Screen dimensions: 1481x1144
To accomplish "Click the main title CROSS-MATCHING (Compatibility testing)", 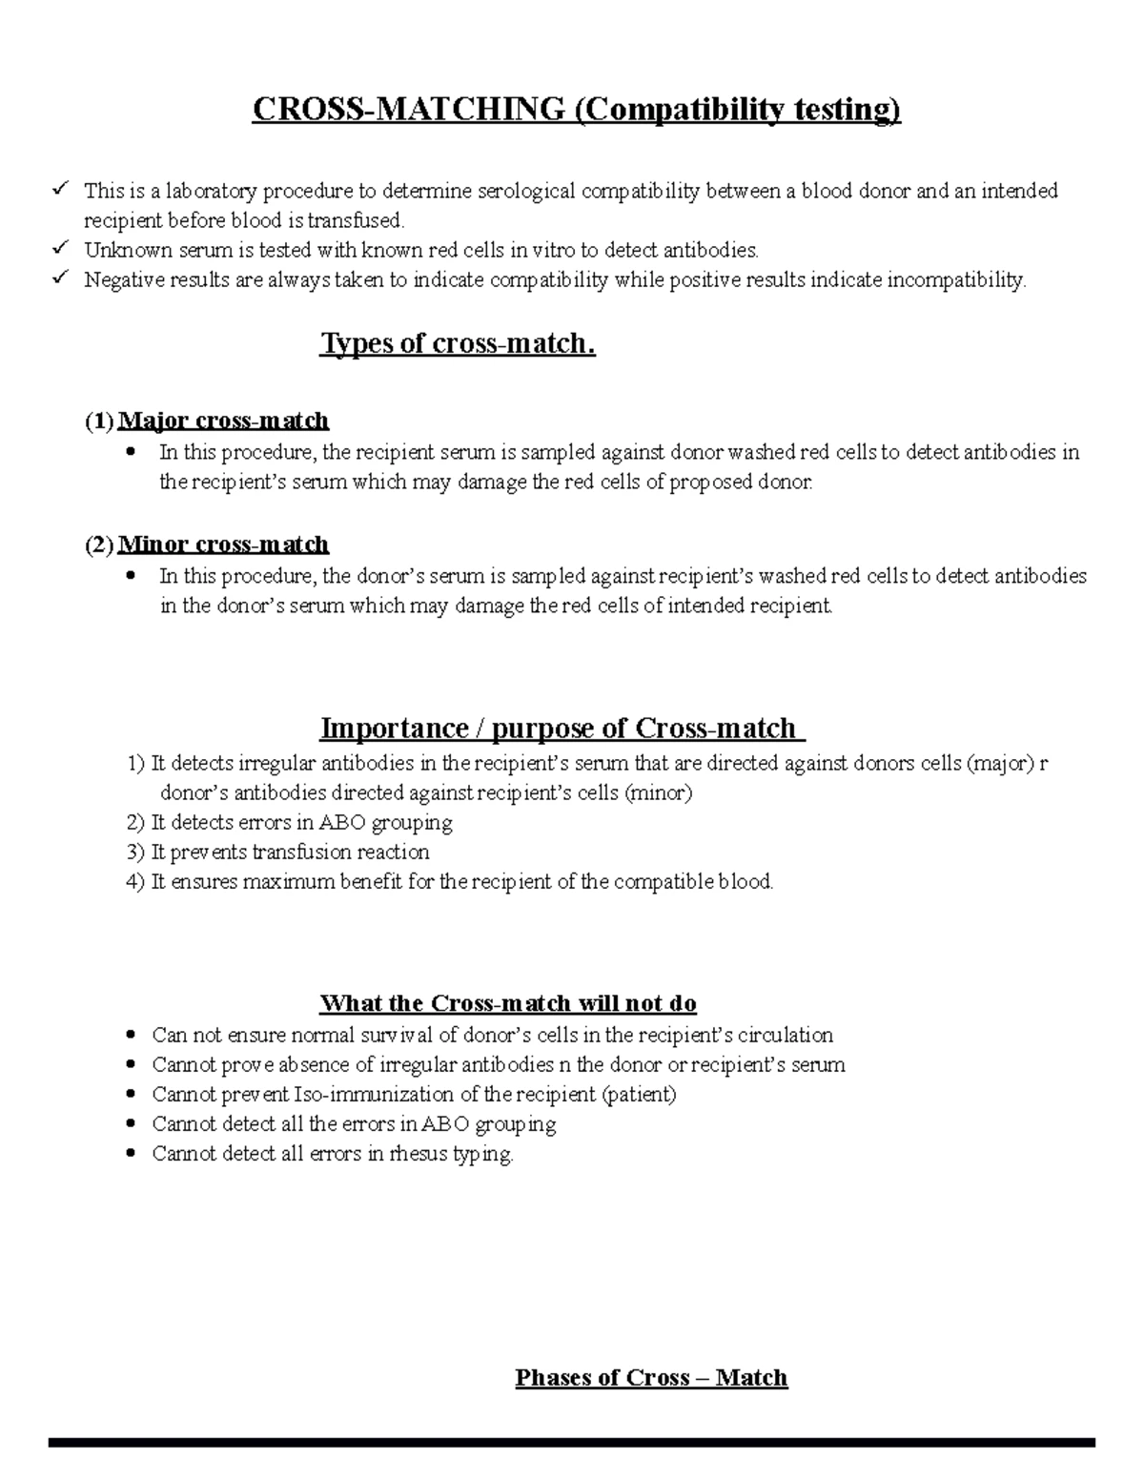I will tap(576, 111).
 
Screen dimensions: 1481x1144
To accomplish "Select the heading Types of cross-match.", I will tap(458, 343).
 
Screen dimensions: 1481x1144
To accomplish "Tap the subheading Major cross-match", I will tap(223, 421).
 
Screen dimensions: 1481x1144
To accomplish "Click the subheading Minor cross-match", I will tap(223, 545).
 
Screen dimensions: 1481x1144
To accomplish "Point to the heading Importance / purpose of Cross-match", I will tap(562, 729).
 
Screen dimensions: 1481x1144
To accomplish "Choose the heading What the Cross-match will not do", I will tap(508, 1003).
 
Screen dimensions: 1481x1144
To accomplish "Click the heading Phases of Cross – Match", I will tap(651, 1377).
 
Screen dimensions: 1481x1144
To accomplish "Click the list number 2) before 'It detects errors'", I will tap(135, 822).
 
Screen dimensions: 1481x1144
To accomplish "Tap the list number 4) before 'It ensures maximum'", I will tap(135, 881).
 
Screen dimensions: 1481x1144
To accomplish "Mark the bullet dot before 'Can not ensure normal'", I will tap(131, 1035).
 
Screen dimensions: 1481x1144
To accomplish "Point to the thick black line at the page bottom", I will tap(572, 1443).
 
